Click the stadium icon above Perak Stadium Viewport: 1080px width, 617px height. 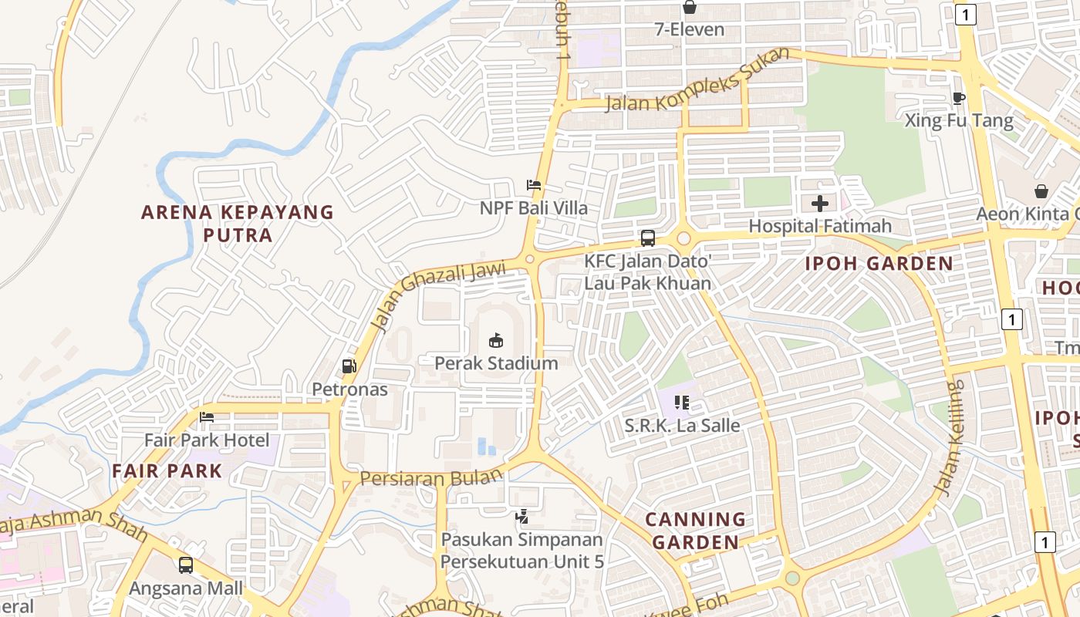(x=495, y=339)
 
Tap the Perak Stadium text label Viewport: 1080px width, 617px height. (x=496, y=363)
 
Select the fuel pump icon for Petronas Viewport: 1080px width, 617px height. (x=349, y=366)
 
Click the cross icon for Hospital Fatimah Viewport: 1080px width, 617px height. (x=820, y=204)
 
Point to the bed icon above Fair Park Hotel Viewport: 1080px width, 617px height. (x=207, y=417)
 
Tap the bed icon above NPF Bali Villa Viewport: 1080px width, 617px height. (x=533, y=185)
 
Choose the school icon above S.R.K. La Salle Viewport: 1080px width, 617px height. (x=682, y=402)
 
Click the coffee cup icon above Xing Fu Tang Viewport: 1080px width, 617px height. (x=958, y=98)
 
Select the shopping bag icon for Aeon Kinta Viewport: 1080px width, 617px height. (x=1041, y=190)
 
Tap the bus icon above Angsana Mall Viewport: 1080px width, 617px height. (x=186, y=565)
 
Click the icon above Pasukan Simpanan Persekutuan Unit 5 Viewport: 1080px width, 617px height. (x=522, y=516)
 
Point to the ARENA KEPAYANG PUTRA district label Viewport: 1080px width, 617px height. (x=238, y=224)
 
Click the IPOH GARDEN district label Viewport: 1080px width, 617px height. (x=879, y=264)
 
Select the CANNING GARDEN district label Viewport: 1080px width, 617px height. (x=696, y=531)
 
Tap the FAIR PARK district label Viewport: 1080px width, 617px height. (x=167, y=471)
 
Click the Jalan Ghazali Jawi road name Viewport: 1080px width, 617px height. (x=437, y=296)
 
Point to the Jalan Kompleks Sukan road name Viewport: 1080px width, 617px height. (x=697, y=80)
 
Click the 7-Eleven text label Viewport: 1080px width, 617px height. (x=690, y=30)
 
